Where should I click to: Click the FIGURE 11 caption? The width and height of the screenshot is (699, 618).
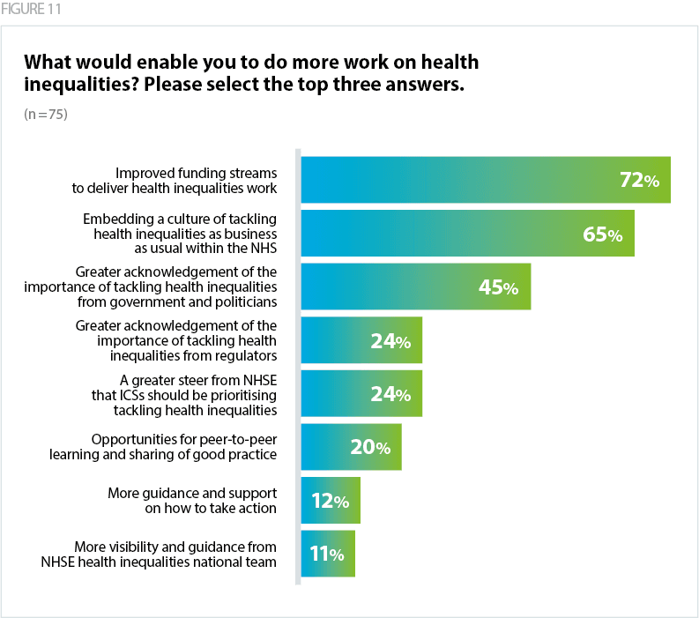[x=32, y=10]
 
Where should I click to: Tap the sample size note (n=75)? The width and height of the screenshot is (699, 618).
[x=46, y=115]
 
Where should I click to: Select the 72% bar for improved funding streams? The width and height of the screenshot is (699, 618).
[x=486, y=180]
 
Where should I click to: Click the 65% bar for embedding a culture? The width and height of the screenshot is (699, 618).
[x=467, y=234]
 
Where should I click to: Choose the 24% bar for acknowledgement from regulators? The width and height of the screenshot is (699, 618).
[x=361, y=340]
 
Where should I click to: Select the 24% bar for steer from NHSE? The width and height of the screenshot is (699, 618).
[x=361, y=393]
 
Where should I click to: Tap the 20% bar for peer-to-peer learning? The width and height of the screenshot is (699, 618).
[x=351, y=447]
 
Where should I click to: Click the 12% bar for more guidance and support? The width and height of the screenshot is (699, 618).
[x=331, y=501]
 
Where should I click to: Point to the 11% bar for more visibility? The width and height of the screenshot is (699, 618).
[x=328, y=554]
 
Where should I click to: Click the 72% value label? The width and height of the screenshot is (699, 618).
[x=639, y=181]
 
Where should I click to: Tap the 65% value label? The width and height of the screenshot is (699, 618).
[x=602, y=235]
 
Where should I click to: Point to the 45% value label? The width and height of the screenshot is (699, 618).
[x=499, y=287]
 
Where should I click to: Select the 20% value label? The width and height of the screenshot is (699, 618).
[x=369, y=448]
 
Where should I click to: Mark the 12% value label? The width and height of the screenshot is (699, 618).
[x=330, y=502]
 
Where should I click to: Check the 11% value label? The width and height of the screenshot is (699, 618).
[x=325, y=555]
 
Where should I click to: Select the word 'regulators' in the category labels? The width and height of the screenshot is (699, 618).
[x=246, y=355]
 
